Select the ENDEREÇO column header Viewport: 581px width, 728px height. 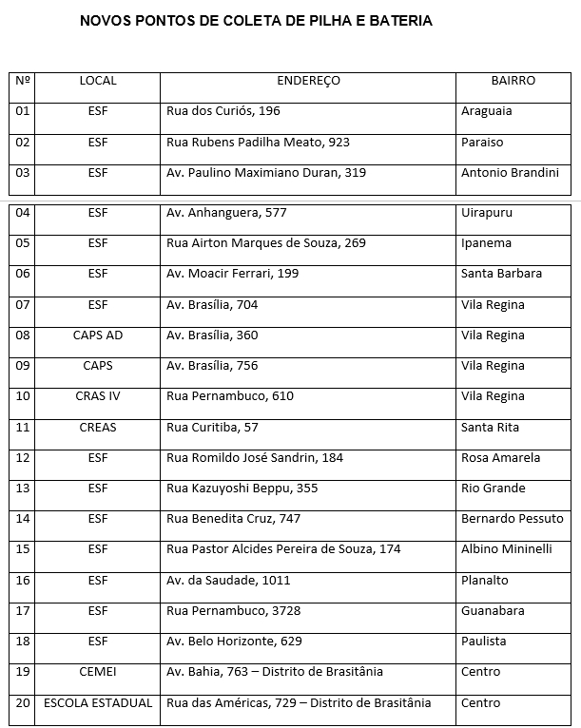(x=308, y=82)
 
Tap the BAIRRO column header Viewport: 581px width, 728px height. (x=513, y=82)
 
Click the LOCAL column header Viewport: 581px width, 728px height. (x=98, y=82)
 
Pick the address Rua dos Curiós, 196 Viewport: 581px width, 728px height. (x=223, y=112)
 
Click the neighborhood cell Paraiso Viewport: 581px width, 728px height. (x=482, y=143)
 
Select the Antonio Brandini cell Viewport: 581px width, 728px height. (x=510, y=174)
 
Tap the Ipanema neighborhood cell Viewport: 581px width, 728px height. (x=486, y=243)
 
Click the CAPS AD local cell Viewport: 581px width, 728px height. (x=98, y=335)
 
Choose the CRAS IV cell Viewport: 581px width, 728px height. (x=98, y=396)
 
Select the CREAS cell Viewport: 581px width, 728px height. (x=98, y=428)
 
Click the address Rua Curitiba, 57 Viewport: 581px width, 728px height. (x=212, y=428)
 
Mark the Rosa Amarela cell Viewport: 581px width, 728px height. (x=501, y=458)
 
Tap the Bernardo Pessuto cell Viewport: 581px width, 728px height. (x=512, y=519)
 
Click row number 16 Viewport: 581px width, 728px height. (x=24, y=581)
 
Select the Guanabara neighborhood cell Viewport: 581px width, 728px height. (x=493, y=611)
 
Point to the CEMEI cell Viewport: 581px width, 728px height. (x=98, y=672)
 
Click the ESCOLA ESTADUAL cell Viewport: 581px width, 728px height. (x=98, y=703)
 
